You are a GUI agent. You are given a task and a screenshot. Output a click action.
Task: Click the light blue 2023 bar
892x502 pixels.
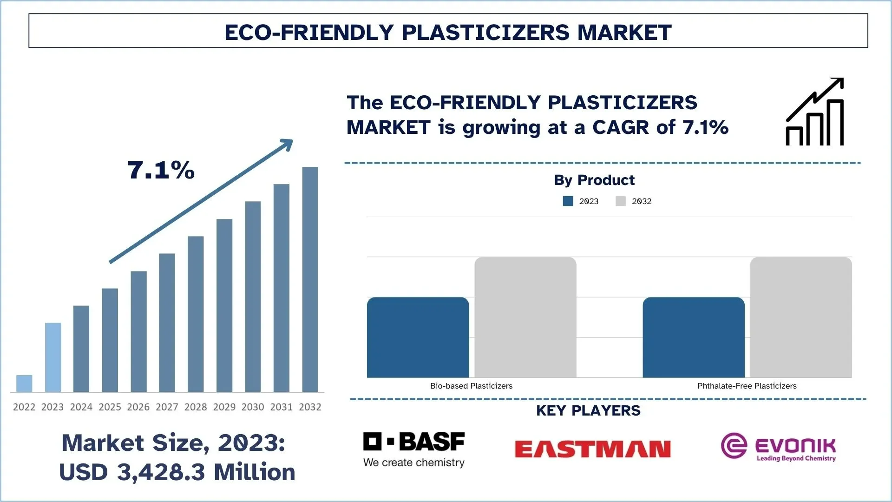pos(53,357)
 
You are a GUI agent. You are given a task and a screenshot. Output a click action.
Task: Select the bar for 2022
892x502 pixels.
pos(24,383)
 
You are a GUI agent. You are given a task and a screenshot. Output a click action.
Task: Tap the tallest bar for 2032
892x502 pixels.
pos(310,279)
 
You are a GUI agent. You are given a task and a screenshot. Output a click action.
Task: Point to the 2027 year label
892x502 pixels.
pos(167,407)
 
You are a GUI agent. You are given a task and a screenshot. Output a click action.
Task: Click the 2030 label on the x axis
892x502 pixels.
pos(253,407)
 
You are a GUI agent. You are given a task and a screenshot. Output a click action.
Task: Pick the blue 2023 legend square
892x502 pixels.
pos(568,201)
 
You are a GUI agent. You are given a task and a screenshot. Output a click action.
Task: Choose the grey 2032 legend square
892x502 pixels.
pos(621,201)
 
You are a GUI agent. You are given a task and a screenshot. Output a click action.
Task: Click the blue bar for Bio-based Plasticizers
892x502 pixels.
pos(418,337)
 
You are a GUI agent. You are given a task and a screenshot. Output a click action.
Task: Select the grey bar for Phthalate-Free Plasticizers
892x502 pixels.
pos(801,317)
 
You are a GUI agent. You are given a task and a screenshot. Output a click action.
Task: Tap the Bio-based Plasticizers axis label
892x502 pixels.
pos(472,386)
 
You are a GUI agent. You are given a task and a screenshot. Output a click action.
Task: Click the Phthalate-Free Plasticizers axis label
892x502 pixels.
pos(747,386)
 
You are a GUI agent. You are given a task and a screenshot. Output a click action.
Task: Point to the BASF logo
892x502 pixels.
pos(414,449)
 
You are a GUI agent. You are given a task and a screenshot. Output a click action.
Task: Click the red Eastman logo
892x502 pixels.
pos(593,449)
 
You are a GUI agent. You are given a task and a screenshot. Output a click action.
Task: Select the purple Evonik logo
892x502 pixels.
pos(778,447)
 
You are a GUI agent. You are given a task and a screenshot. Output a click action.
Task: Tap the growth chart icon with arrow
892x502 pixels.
pos(815,112)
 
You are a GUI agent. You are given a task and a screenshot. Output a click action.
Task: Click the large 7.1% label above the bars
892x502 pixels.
pos(161,170)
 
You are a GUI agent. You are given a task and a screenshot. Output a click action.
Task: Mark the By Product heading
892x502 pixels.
pos(594,180)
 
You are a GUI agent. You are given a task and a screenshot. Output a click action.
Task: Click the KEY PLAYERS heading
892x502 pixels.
pos(588,410)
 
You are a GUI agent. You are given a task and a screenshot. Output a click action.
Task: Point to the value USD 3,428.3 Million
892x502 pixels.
pos(177,472)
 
